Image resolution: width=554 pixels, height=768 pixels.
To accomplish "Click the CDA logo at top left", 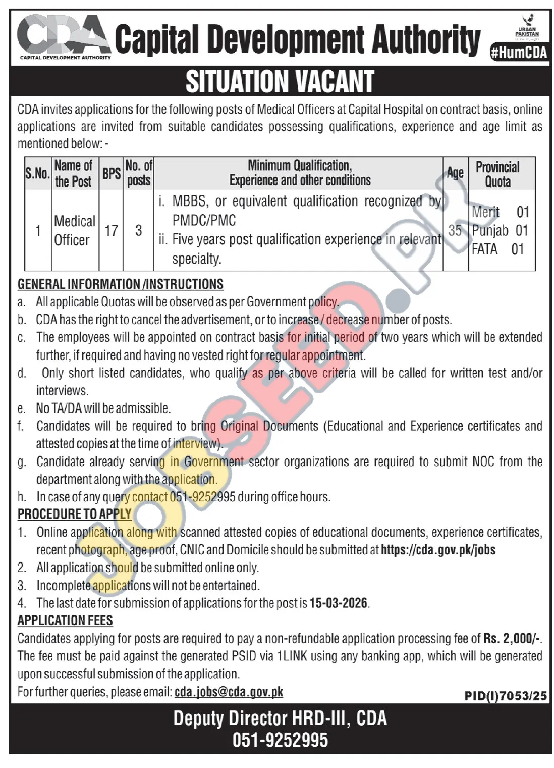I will (64, 36).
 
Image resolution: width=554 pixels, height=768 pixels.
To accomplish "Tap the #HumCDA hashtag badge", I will (519, 53).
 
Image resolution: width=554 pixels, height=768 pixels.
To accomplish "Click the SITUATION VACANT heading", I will (280, 82).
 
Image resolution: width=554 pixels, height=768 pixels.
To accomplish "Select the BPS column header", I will (111, 173).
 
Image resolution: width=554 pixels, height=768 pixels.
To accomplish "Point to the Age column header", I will (455, 173).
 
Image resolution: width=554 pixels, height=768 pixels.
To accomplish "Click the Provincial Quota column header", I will (497, 174).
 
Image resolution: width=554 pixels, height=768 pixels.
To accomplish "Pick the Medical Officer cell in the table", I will (74, 230).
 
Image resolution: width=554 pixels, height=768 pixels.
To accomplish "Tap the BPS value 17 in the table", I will (111, 231).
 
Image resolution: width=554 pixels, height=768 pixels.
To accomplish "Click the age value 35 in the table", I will (455, 231).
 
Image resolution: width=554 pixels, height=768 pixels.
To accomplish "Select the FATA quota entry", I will (498, 249).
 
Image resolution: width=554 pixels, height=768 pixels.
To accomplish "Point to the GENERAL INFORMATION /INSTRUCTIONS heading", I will (121, 284).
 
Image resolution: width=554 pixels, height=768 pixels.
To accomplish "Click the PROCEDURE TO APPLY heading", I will (75, 514).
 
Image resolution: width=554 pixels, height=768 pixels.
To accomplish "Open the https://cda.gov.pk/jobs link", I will (438, 550).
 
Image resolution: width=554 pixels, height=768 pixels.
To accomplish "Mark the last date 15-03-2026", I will (339, 603).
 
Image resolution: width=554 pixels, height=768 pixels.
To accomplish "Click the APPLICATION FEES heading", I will (65, 621).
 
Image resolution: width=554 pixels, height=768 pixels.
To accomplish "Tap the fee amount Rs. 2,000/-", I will (512, 638).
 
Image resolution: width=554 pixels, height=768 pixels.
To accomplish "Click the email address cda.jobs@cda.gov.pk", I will (229, 692).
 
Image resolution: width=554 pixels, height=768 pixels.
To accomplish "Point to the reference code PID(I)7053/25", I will (506, 696).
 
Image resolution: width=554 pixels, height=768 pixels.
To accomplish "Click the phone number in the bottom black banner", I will (280, 740).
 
